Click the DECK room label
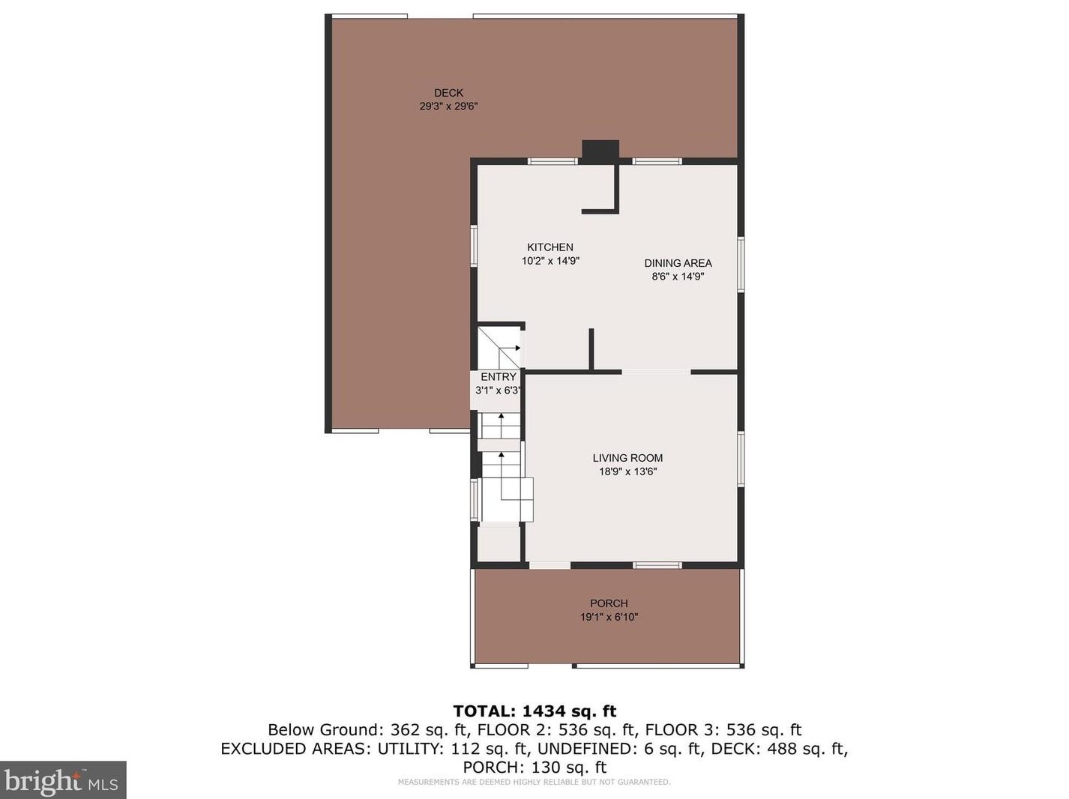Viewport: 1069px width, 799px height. click(448, 93)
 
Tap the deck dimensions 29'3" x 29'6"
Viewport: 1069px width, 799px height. click(448, 106)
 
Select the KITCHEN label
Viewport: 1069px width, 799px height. click(550, 247)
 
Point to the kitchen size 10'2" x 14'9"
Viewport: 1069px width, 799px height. click(550, 261)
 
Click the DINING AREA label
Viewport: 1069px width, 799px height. click(678, 263)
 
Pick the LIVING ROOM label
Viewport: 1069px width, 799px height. click(627, 458)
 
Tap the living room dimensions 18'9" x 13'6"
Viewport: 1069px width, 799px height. click(627, 471)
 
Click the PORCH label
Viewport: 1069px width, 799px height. click(609, 603)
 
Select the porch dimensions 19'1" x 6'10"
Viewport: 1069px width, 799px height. click(609, 617)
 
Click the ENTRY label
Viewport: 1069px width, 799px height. click(499, 377)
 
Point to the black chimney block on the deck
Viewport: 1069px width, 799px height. click(600, 150)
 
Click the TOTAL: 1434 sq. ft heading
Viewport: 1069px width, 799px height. click(534, 711)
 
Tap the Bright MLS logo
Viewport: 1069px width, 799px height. click(63, 780)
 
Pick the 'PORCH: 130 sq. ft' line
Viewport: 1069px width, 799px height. click(534, 768)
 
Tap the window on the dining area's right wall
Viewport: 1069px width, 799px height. click(741, 265)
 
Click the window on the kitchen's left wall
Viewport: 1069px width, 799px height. click(474, 245)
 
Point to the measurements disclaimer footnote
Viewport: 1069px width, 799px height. click(534, 783)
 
